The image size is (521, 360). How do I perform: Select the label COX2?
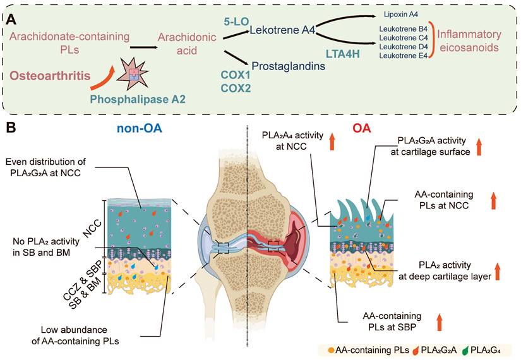tap(236, 88)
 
